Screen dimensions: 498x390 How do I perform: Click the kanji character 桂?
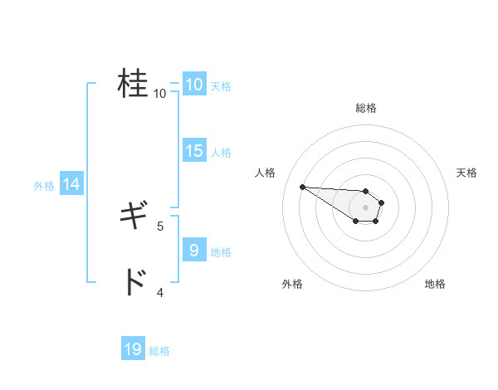[x=133, y=83]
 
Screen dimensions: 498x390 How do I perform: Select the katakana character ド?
[x=133, y=283]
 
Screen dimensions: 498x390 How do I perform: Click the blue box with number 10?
[x=193, y=85]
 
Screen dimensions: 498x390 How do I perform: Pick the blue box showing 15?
[x=193, y=151]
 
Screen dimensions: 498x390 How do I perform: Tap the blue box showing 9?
[x=193, y=249]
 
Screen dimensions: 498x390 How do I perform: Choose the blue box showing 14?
[x=71, y=184]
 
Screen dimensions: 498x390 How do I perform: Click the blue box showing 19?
[x=133, y=349]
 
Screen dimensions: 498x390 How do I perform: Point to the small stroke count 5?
[x=160, y=225]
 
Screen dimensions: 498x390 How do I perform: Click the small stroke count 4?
[x=160, y=292]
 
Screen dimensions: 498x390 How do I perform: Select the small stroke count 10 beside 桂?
[x=160, y=93]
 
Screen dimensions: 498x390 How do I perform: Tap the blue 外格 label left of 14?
[x=44, y=186]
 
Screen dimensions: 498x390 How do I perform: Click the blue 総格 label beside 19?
[x=159, y=351]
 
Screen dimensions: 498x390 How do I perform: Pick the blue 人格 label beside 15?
[x=221, y=153]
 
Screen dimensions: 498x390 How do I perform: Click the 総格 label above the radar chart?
[x=366, y=108]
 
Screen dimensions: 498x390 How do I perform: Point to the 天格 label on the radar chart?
[x=467, y=173]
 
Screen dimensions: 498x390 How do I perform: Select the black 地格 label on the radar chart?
[x=435, y=284]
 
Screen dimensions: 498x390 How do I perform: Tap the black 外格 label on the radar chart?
[x=292, y=284]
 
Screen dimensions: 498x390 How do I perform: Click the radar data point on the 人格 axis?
[x=302, y=187]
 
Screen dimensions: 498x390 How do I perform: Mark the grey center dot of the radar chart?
[x=366, y=207]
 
